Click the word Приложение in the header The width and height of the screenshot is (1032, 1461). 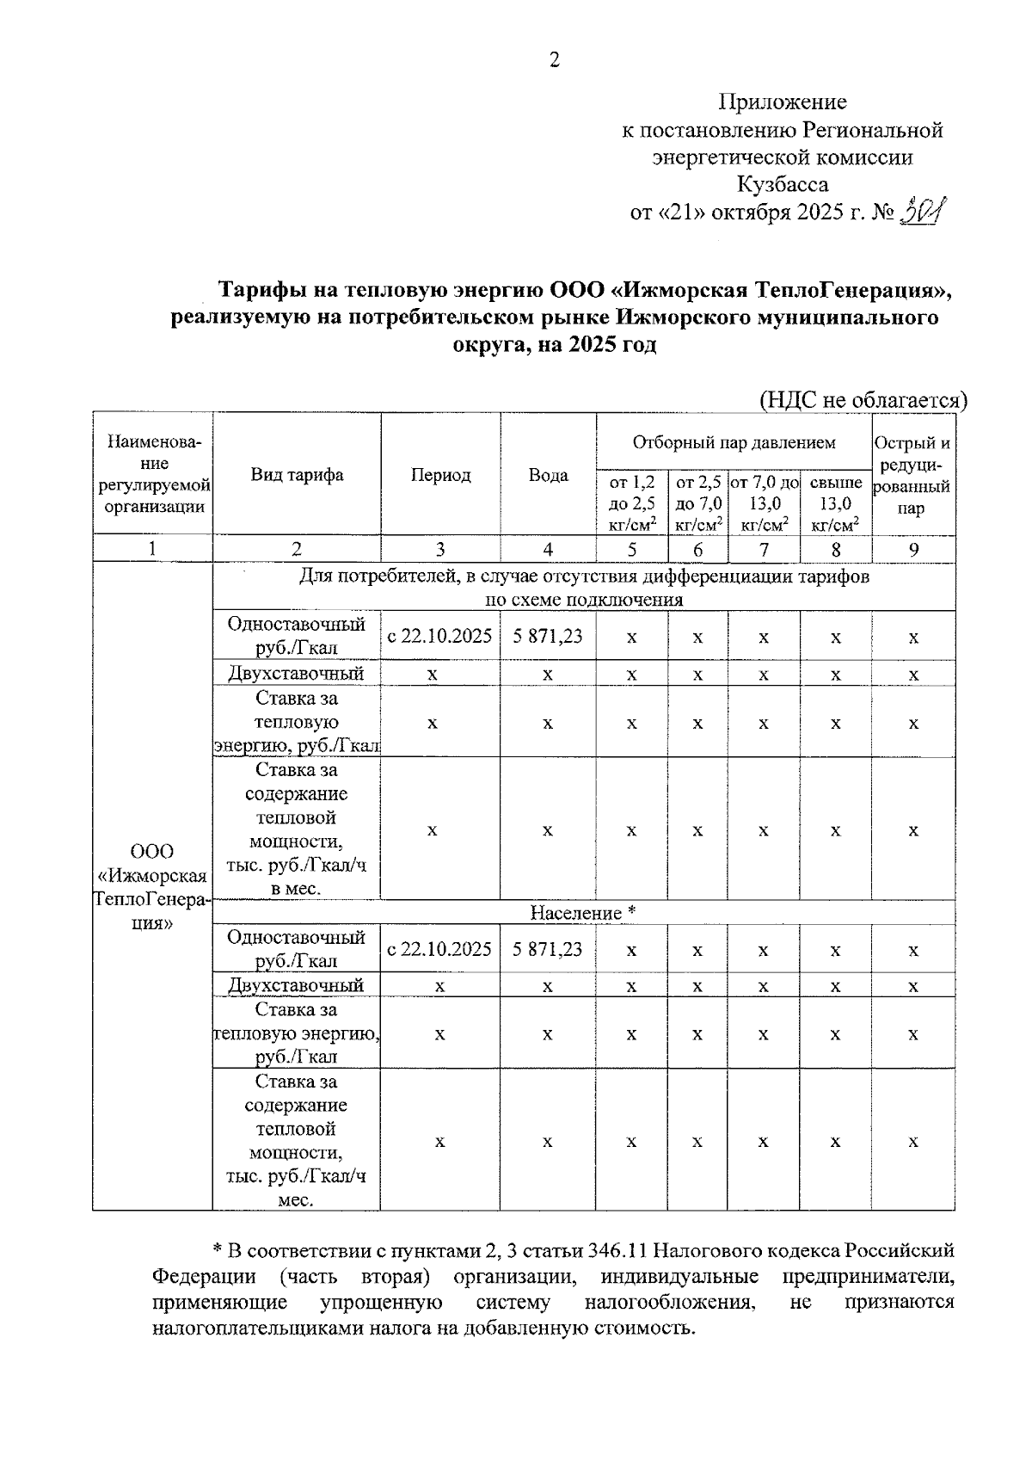(x=783, y=102)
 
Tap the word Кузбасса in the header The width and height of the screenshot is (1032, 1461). (x=783, y=184)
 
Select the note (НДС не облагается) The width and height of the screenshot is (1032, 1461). (x=863, y=400)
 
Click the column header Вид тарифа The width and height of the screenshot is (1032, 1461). (x=297, y=475)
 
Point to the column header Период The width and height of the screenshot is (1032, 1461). (x=440, y=475)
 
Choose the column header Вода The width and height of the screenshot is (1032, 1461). (x=548, y=475)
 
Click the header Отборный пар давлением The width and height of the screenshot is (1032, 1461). (x=734, y=442)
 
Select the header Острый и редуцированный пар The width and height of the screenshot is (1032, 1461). (x=912, y=475)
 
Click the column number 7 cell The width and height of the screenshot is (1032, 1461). (x=764, y=549)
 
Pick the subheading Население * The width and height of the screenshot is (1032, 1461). (x=582, y=912)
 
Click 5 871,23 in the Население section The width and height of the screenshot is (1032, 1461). (x=548, y=949)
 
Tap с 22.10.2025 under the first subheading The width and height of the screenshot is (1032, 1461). (x=439, y=636)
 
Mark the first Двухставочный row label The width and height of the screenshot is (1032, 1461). (x=296, y=673)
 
